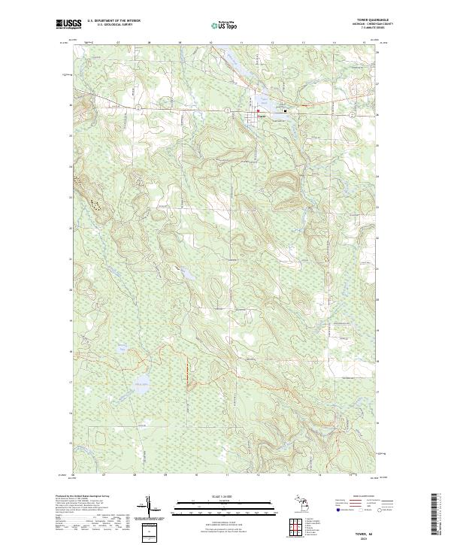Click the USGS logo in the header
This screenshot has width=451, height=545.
(68, 24)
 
